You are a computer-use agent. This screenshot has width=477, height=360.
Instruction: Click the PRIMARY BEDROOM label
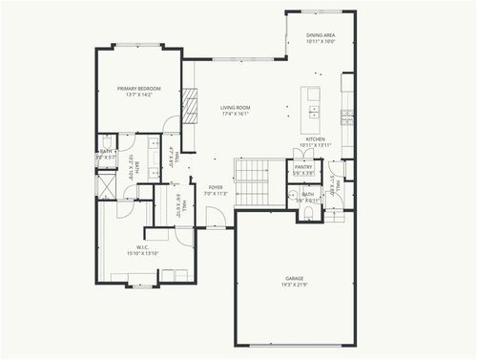point(139,89)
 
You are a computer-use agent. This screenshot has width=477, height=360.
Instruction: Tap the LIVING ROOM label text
point(235,108)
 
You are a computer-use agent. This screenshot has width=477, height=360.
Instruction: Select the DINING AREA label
point(320,36)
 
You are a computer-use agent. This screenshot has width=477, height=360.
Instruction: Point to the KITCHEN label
point(315,138)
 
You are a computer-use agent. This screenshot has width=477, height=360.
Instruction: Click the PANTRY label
point(303,167)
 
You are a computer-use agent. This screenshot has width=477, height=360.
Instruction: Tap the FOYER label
point(216,187)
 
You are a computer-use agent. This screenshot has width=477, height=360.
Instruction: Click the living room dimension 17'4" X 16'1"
point(235,115)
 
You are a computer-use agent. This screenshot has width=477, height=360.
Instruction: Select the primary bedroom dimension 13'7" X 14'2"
point(139,95)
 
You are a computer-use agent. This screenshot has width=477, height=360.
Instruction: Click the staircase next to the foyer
point(254,181)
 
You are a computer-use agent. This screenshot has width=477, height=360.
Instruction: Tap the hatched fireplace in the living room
point(190,103)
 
